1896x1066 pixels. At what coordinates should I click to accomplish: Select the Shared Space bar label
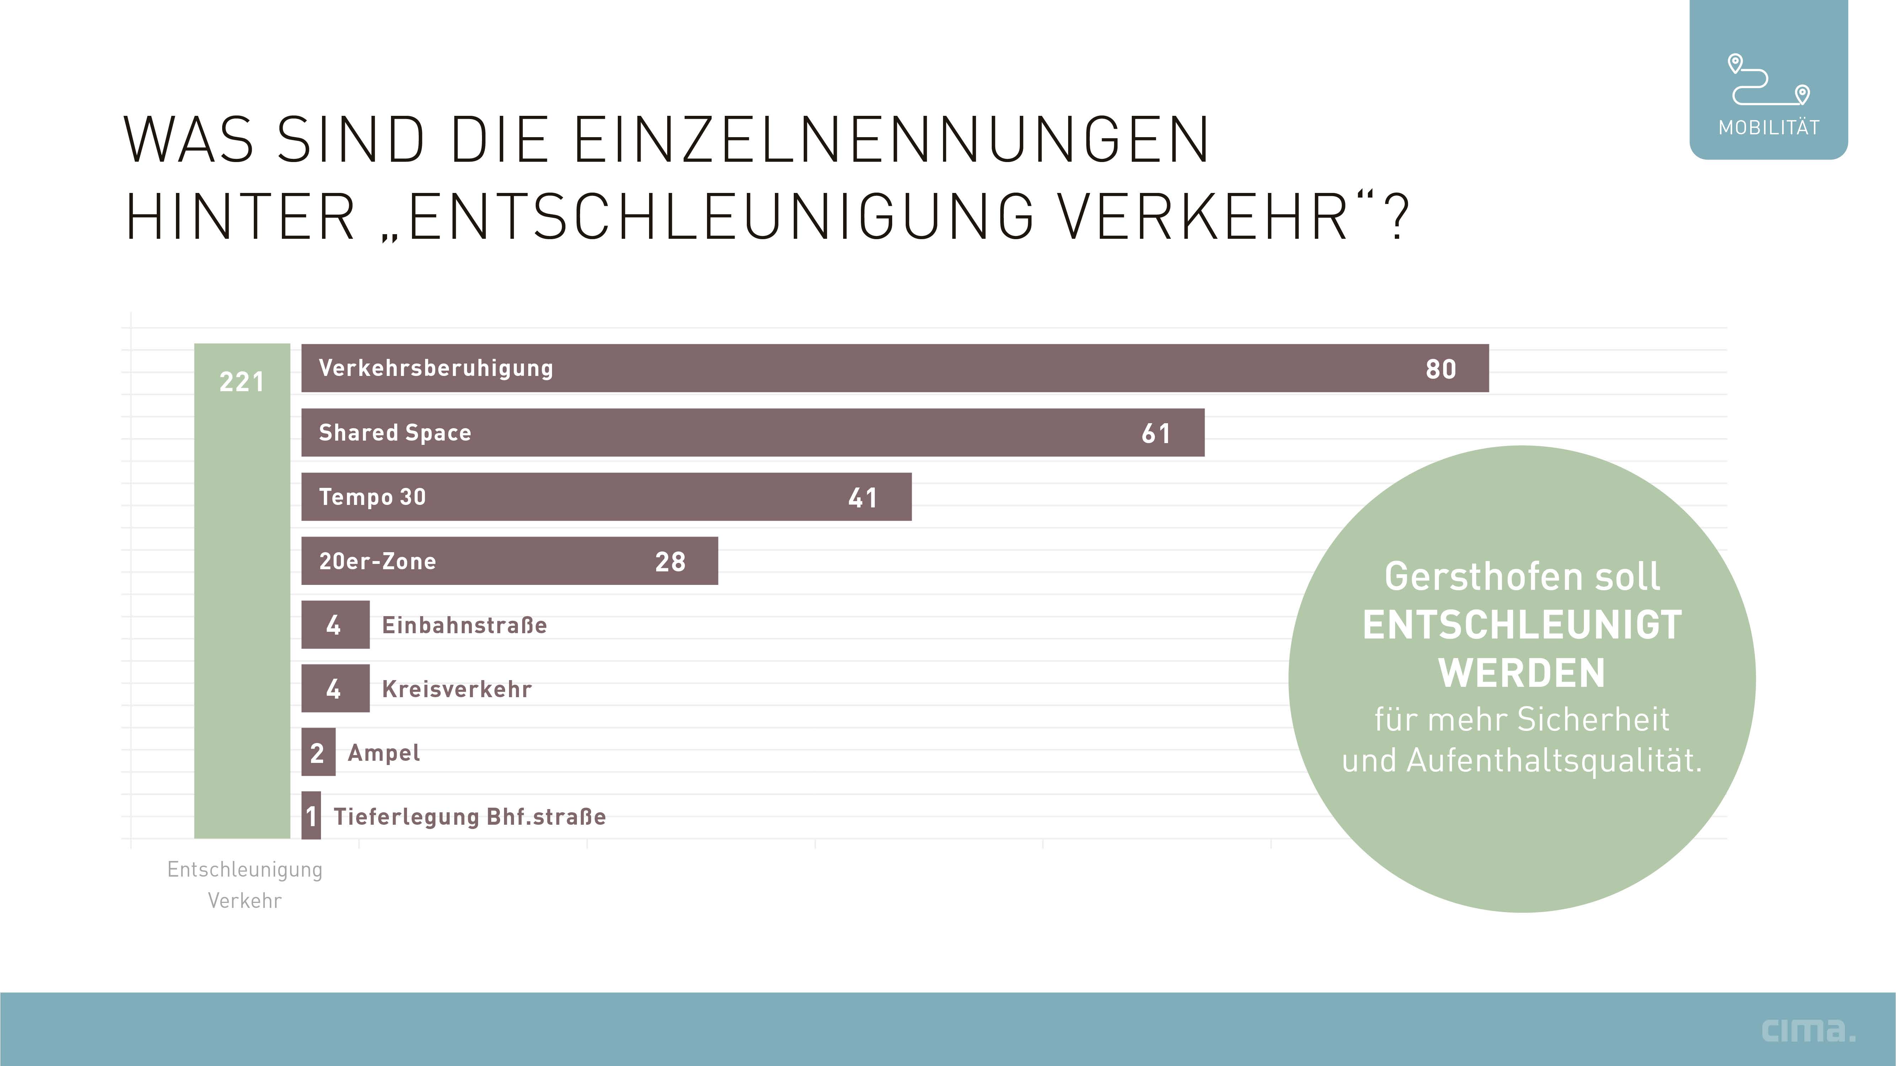[395, 432]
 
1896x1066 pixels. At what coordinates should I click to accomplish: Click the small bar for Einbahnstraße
[335, 625]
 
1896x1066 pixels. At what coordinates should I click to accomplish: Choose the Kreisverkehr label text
[456, 689]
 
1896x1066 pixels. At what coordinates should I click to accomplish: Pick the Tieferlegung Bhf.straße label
[470, 817]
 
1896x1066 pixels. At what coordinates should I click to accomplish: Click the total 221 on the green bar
[241, 382]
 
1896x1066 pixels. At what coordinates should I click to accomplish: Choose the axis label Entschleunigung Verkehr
[244, 884]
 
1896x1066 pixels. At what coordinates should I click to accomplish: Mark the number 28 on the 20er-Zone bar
[670, 562]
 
